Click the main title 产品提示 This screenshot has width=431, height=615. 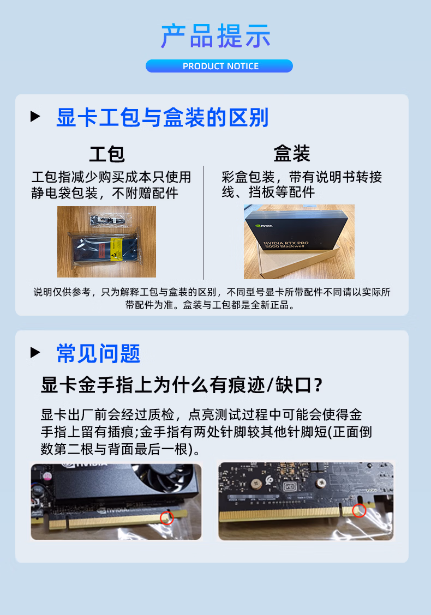point(215,35)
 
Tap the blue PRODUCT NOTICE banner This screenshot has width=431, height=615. point(219,66)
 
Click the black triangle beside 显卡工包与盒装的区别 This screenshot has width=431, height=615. point(35,116)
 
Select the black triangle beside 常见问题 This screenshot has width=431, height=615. point(35,352)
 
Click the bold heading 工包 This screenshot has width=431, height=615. point(107,154)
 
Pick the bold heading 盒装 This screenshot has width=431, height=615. point(292,153)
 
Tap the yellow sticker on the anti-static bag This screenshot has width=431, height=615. point(117,248)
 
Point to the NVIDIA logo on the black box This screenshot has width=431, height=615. point(264,225)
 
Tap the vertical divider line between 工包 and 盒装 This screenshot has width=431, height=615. point(203,222)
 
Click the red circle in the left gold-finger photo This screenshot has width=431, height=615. point(167,518)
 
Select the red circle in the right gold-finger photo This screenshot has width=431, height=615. point(359,510)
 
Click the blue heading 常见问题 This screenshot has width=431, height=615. point(98,353)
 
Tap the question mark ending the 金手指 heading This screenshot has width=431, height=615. point(319,385)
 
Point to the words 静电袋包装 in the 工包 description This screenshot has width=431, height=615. point(65,193)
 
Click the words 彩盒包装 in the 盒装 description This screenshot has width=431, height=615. point(248,177)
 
